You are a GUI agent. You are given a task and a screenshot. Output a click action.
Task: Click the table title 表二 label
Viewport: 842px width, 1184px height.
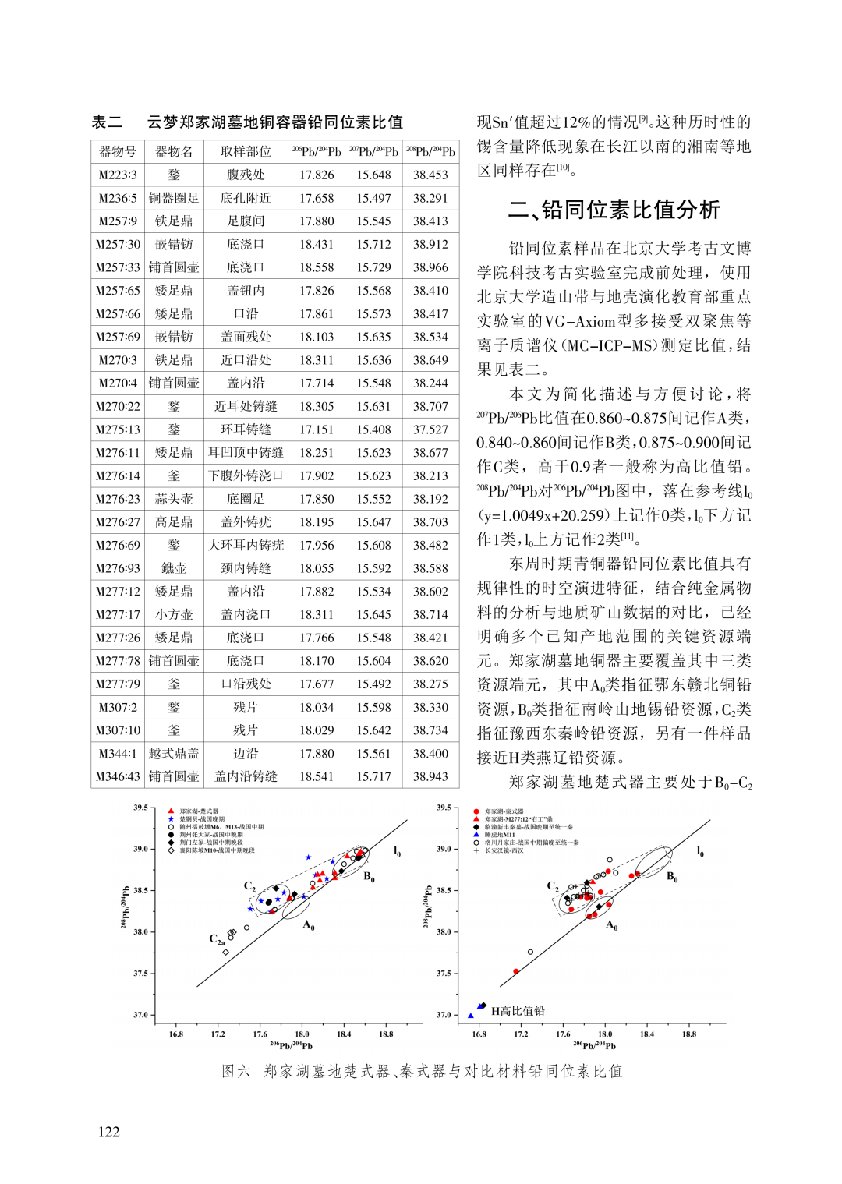pos(107,122)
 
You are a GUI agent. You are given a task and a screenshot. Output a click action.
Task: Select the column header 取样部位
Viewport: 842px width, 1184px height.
pos(246,151)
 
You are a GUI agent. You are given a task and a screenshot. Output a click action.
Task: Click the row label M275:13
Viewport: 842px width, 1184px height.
pos(118,429)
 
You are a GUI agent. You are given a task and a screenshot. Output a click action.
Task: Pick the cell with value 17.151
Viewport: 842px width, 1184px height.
pos(317,429)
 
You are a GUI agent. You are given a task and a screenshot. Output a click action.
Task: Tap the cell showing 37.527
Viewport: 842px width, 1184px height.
pos(430,429)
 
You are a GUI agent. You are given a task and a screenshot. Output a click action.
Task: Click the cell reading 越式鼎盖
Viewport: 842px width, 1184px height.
pos(174,754)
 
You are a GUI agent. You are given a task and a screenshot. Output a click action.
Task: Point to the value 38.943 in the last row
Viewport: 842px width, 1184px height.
pos(430,776)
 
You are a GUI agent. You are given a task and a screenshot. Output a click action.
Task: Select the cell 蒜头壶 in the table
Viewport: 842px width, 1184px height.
pos(174,499)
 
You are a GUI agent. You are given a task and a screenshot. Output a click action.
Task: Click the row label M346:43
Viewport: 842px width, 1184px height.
pos(118,776)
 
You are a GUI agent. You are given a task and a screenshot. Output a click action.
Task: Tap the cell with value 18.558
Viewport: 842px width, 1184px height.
pos(317,267)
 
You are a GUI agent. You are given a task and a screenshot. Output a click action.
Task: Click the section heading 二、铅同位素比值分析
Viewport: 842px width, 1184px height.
pos(614,209)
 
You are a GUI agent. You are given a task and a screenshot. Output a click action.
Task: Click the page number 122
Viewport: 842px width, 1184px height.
pos(109,1132)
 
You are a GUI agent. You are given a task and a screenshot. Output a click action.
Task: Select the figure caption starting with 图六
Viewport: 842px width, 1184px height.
pos(422,1071)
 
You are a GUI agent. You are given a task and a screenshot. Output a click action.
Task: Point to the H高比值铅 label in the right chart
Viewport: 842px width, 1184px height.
pos(518,1011)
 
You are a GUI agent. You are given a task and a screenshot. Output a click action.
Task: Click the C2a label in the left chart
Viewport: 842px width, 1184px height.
pos(217,940)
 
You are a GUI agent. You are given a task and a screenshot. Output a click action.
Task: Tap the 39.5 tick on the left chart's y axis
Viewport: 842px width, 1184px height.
pos(140,808)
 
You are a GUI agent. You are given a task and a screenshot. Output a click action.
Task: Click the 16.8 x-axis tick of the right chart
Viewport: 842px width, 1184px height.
pos(479,1034)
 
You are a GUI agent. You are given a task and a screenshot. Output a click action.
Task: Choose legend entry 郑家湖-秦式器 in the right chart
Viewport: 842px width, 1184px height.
pos(504,811)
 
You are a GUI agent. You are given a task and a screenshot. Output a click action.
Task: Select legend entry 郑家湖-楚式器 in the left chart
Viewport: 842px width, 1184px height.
pos(199,811)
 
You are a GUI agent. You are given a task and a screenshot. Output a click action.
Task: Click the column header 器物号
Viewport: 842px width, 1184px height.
pos(118,151)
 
